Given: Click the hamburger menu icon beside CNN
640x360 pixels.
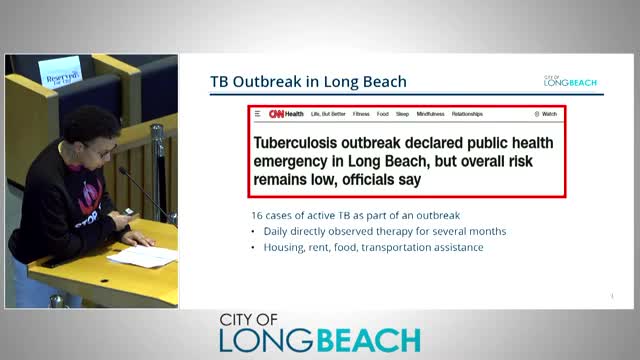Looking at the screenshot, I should coord(257,114).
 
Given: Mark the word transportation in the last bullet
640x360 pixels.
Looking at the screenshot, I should coord(401,247).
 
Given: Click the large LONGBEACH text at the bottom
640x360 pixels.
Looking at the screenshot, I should coord(320,340).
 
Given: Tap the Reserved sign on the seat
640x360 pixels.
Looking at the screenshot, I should coord(62,74).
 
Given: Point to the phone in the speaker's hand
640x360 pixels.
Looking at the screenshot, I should coord(128,215).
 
